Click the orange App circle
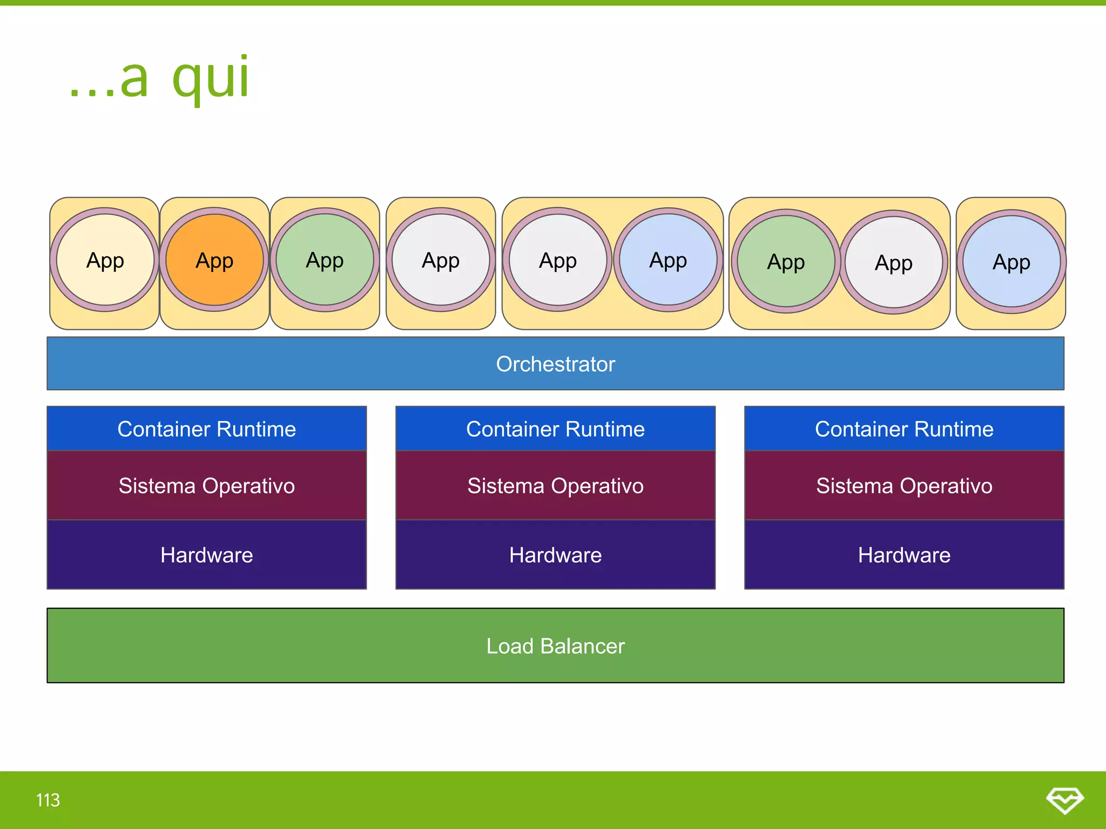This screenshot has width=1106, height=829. [x=214, y=260]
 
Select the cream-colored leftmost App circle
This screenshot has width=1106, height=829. [x=105, y=260]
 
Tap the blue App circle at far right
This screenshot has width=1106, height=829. [x=1011, y=262]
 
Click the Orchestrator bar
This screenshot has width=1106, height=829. [x=555, y=364]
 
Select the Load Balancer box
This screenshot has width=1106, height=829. [x=555, y=645]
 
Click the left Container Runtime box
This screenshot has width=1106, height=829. [x=206, y=429]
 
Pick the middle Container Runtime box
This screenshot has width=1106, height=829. [x=555, y=429]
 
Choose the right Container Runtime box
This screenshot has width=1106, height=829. [x=904, y=429]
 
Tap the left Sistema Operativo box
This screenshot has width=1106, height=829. [x=206, y=486]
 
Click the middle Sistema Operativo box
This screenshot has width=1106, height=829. [x=555, y=486]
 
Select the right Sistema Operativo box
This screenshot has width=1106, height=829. [x=904, y=486]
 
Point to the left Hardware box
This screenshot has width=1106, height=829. [x=206, y=555]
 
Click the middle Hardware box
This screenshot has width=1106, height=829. [x=555, y=555]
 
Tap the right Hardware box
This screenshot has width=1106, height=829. [x=904, y=555]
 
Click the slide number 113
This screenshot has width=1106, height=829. [x=48, y=800]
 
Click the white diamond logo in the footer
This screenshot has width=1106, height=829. [x=1064, y=800]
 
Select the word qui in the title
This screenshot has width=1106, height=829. [x=211, y=78]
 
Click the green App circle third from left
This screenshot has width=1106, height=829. [x=325, y=260]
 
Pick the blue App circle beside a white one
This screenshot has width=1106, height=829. [x=668, y=260]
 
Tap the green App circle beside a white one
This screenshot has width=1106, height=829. [x=786, y=261]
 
